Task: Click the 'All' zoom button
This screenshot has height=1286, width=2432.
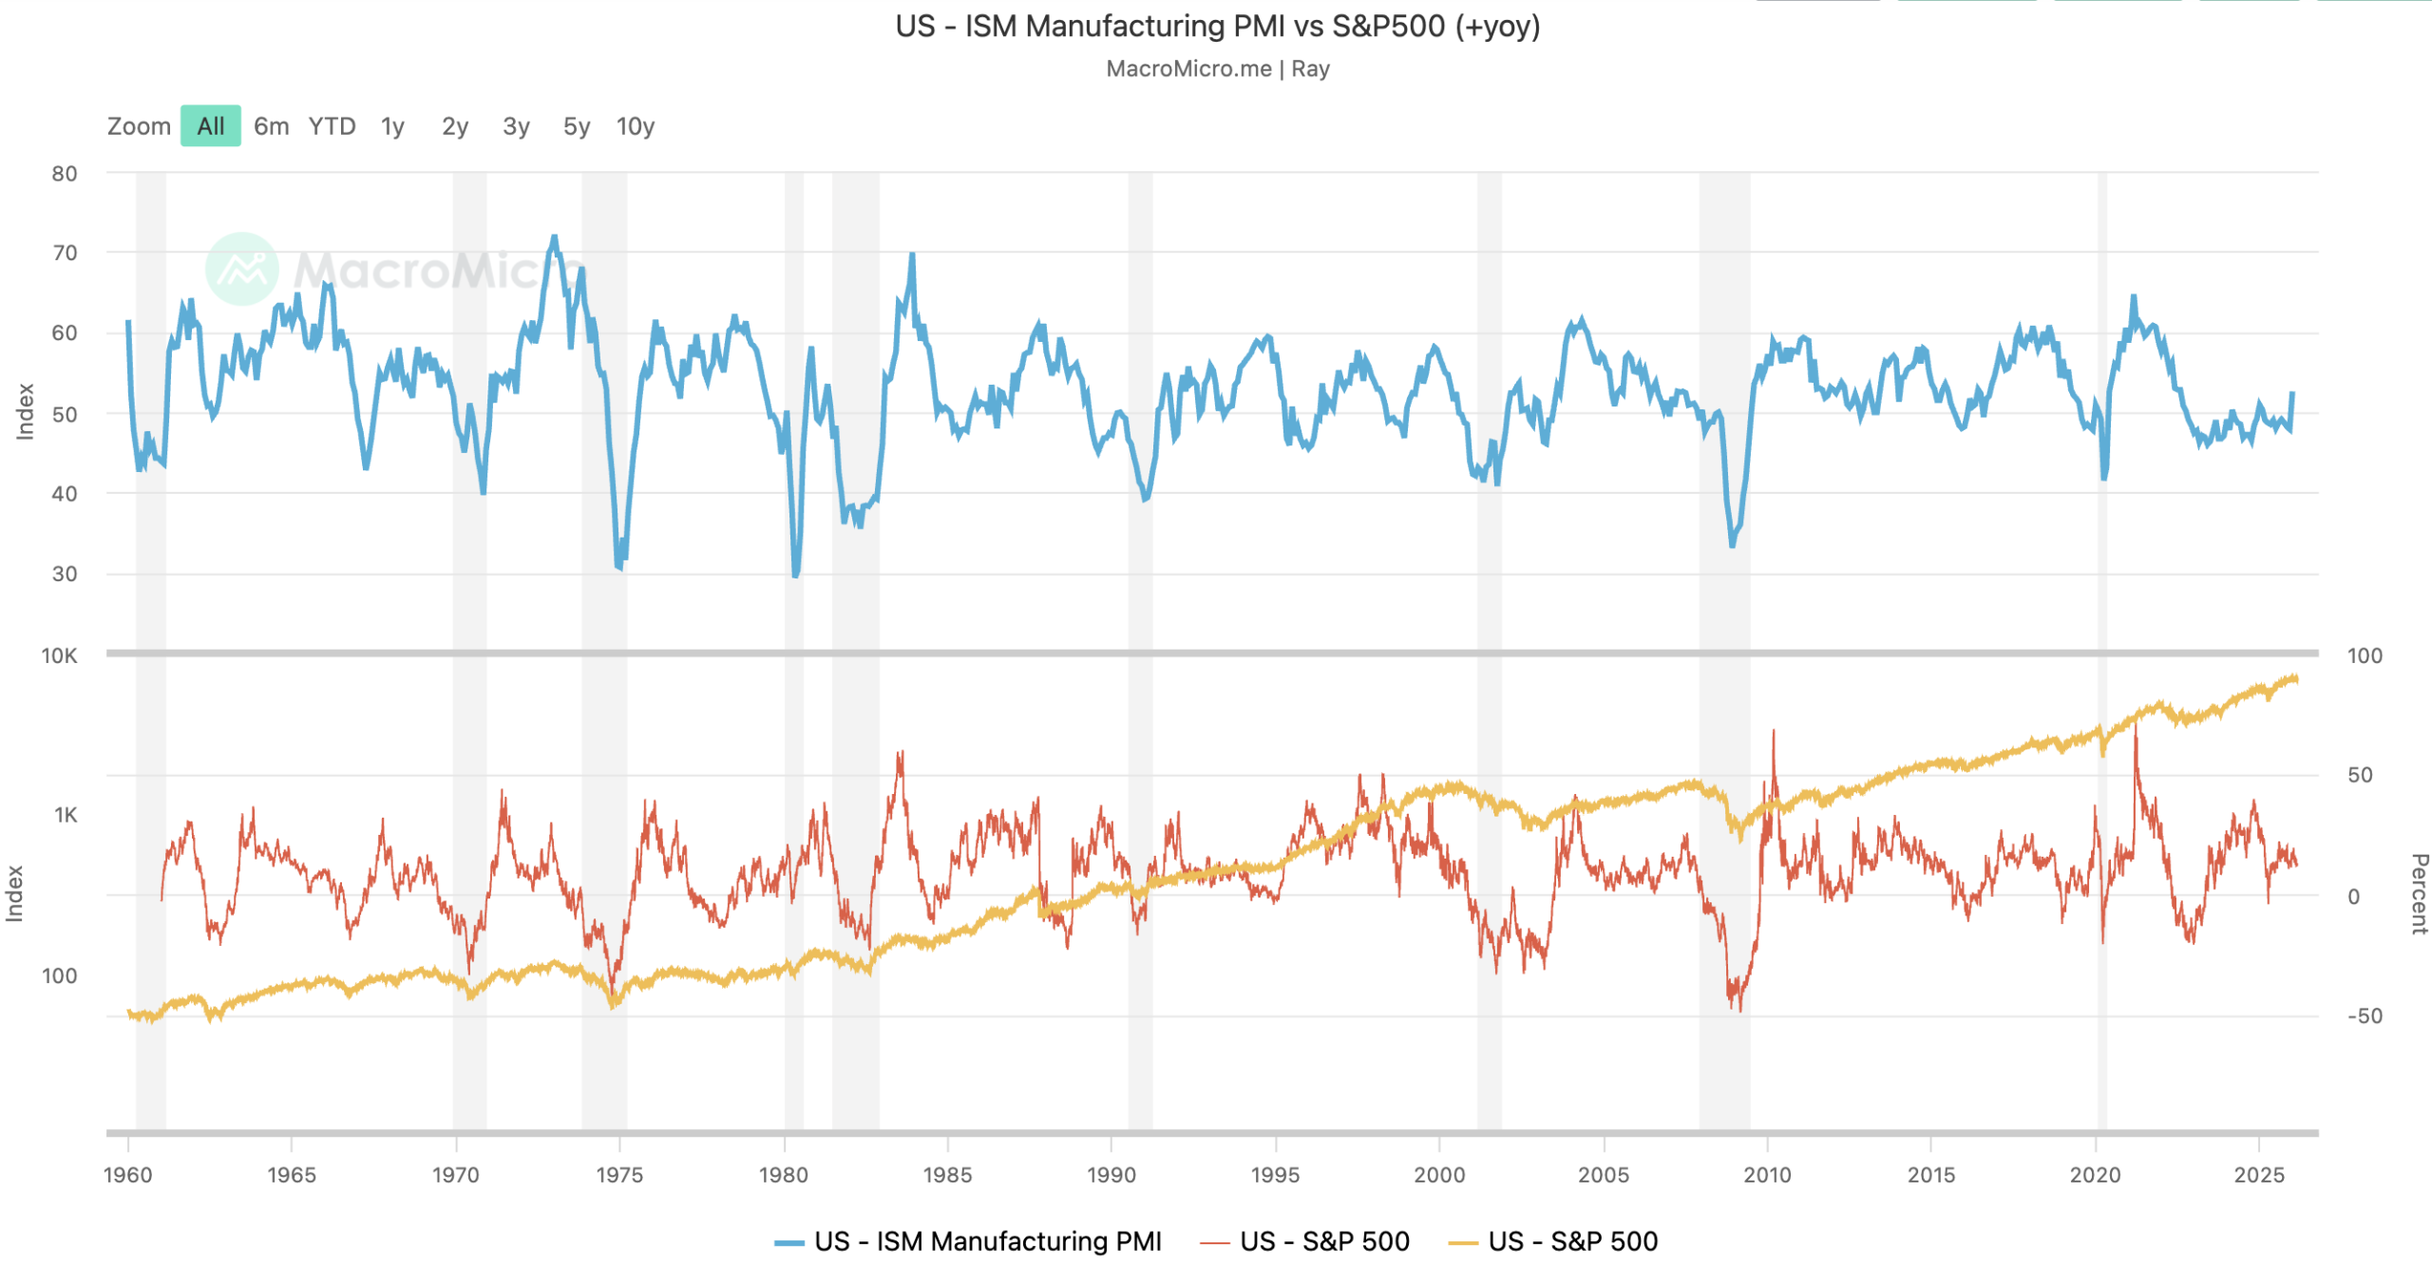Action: (x=210, y=126)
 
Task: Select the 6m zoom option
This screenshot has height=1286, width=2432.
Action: (x=271, y=126)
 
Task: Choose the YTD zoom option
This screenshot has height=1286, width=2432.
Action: (x=332, y=126)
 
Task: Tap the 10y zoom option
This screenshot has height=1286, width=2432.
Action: (x=635, y=126)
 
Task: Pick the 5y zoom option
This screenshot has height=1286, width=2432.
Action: (x=576, y=126)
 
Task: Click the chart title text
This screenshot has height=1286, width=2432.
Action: (x=1217, y=26)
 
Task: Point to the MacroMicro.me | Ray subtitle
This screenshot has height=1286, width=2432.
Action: (x=1217, y=69)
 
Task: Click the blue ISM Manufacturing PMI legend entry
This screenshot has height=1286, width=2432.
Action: (x=968, y=1241)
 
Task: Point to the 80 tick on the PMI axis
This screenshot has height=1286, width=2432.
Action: (x=65, y=174)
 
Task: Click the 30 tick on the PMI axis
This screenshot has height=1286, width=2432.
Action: (x=65, y=574)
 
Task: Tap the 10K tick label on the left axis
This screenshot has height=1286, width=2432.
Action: (x=59, y=655)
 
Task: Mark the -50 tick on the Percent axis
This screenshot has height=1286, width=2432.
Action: (x=2364, y=1016)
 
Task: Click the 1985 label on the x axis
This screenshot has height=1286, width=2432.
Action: (x=947, y=1175)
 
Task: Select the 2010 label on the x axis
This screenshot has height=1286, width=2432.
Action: (x=1767, y=1175)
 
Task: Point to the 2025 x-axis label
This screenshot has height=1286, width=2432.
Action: (x=2258, y=1175)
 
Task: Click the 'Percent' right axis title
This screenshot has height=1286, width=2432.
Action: (x=2419, y=893)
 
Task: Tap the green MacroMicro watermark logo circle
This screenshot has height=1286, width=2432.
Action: (x=242, y=269)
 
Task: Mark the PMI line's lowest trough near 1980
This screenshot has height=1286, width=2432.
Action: (x=795, y=575)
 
